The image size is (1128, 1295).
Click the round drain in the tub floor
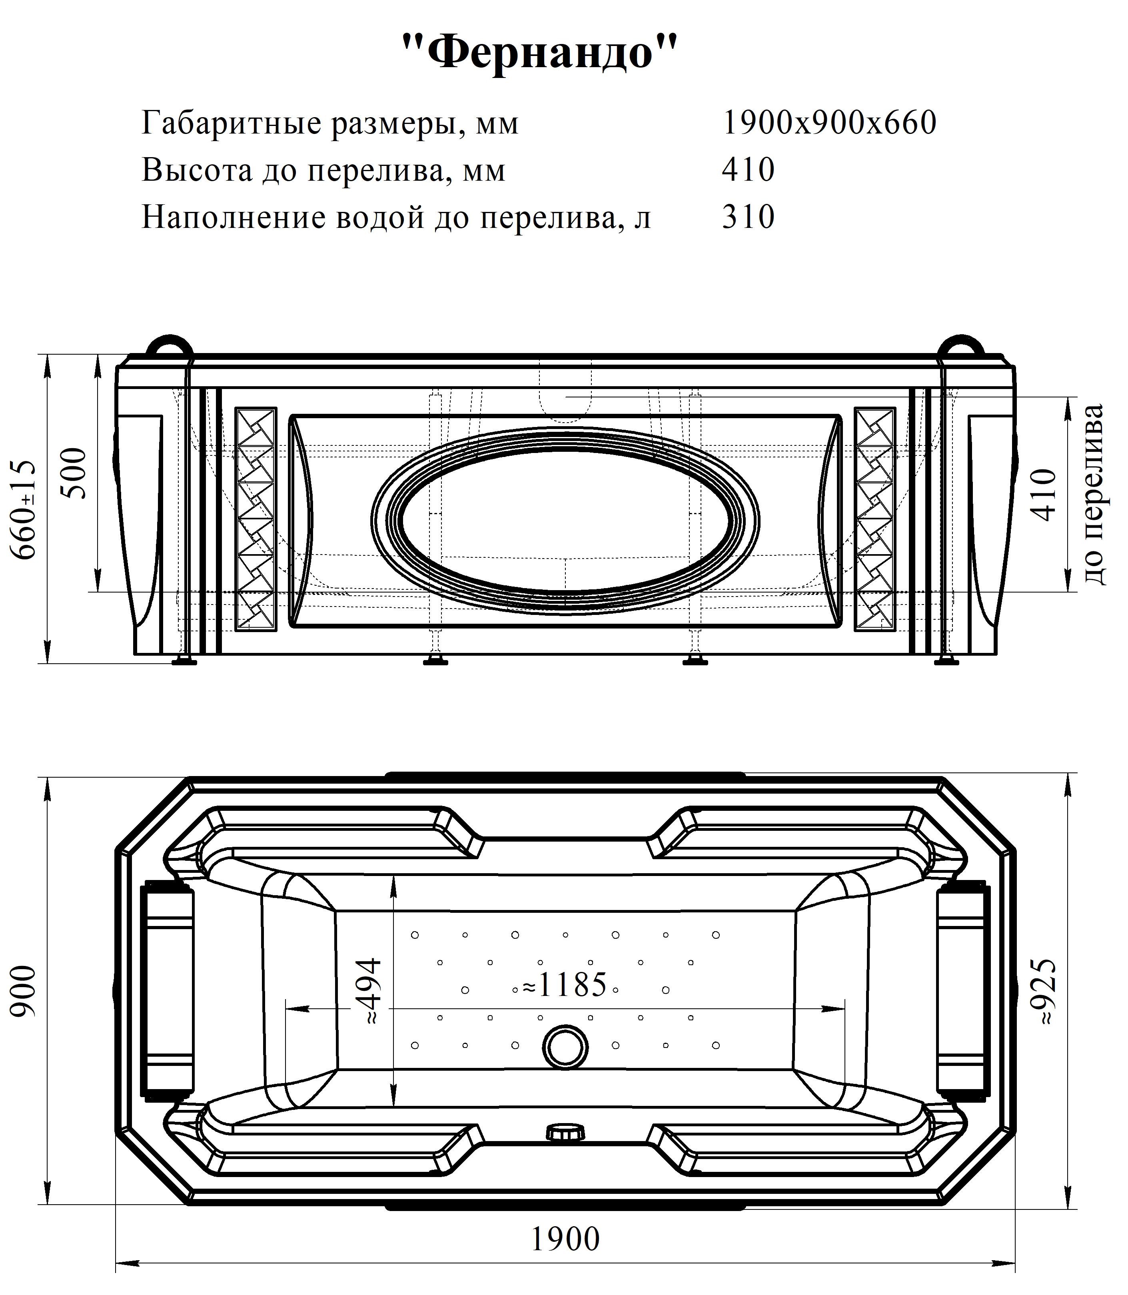566,1046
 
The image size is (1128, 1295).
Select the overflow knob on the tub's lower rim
565,1133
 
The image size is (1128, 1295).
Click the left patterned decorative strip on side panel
256,519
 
